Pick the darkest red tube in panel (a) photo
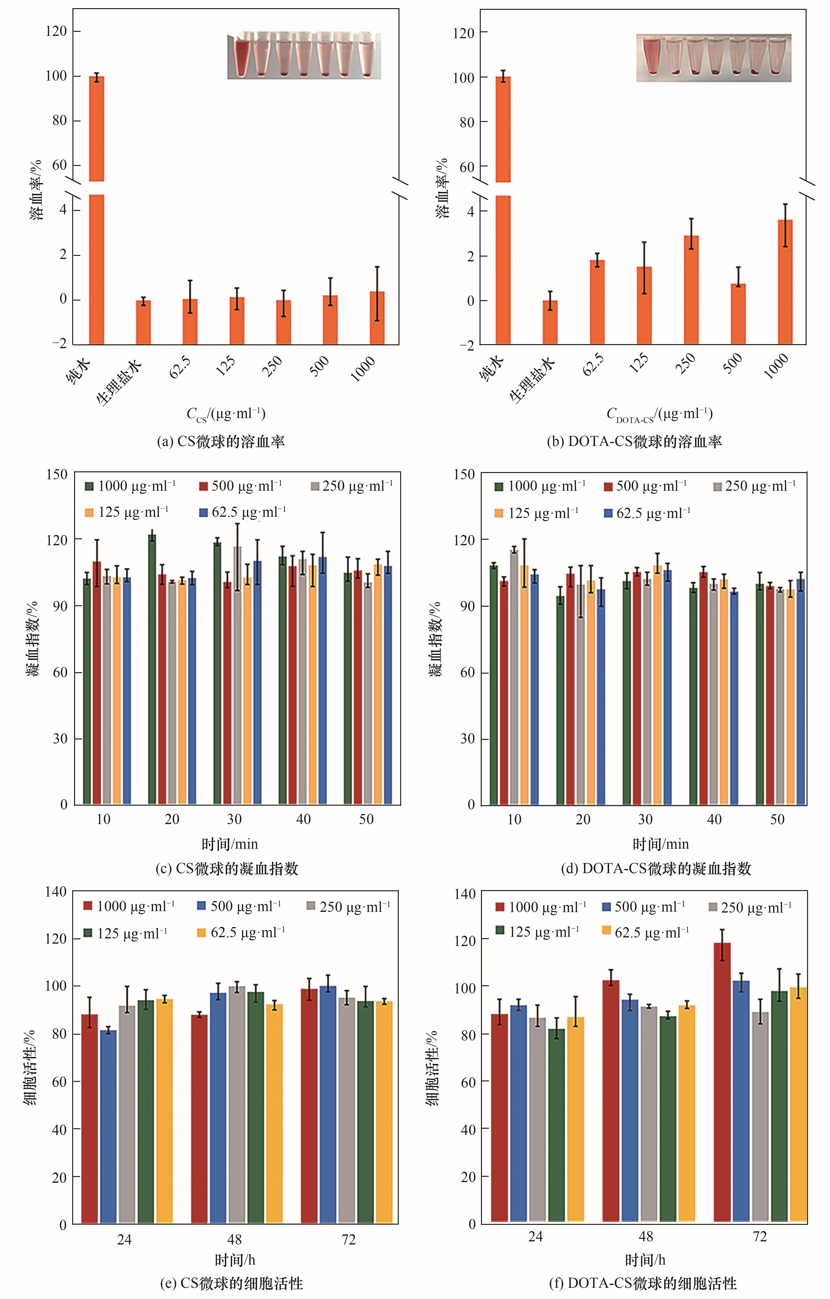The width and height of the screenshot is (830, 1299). click(244, 57)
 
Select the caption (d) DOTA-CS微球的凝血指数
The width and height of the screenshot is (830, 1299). click(656, 869)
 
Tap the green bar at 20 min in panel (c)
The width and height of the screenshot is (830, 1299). click(152, 669)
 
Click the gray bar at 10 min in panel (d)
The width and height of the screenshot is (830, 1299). click(514, 677)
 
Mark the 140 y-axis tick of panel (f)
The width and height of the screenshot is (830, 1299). click(465, 894)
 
